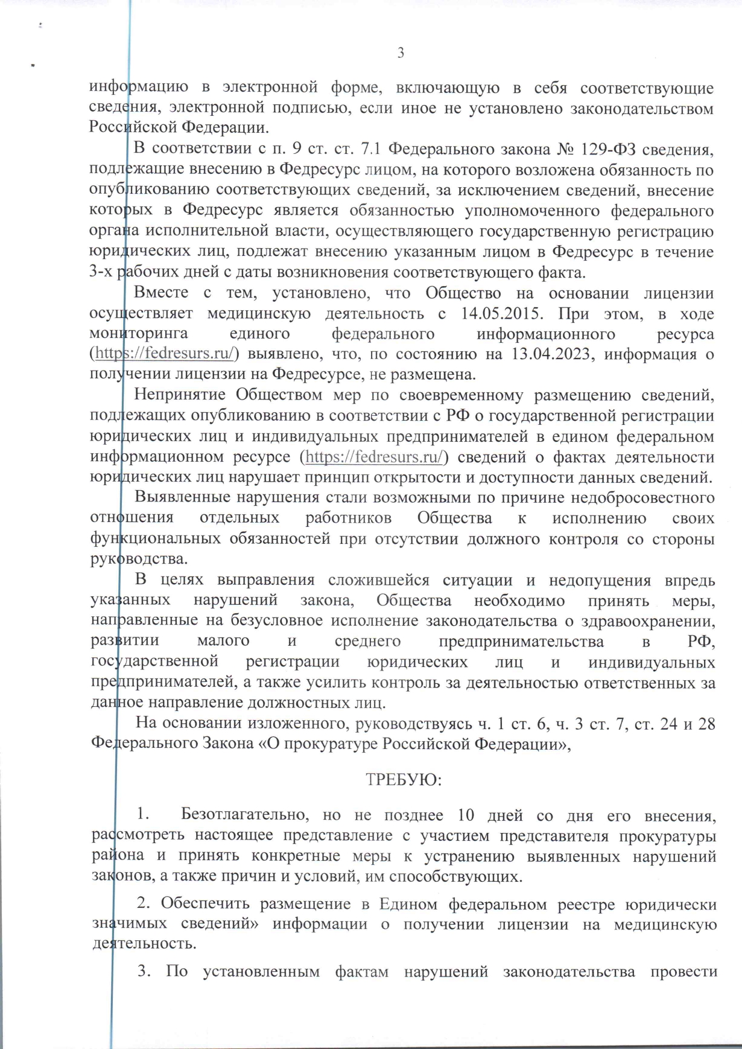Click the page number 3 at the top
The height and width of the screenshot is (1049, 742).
[401, 53]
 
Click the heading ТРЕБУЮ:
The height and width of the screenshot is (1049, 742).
[404, 780]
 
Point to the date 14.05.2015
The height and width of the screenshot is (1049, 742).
[503, 313]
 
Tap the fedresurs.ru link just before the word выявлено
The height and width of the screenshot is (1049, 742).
[165, 354]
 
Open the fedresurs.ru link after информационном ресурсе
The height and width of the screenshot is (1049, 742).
[374, 457]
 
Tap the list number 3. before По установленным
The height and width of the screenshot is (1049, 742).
[144, 971]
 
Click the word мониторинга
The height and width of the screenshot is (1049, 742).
[139, 334]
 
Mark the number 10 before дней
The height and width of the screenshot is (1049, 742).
[466, 815]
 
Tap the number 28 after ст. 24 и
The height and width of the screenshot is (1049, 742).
[706, 723]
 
